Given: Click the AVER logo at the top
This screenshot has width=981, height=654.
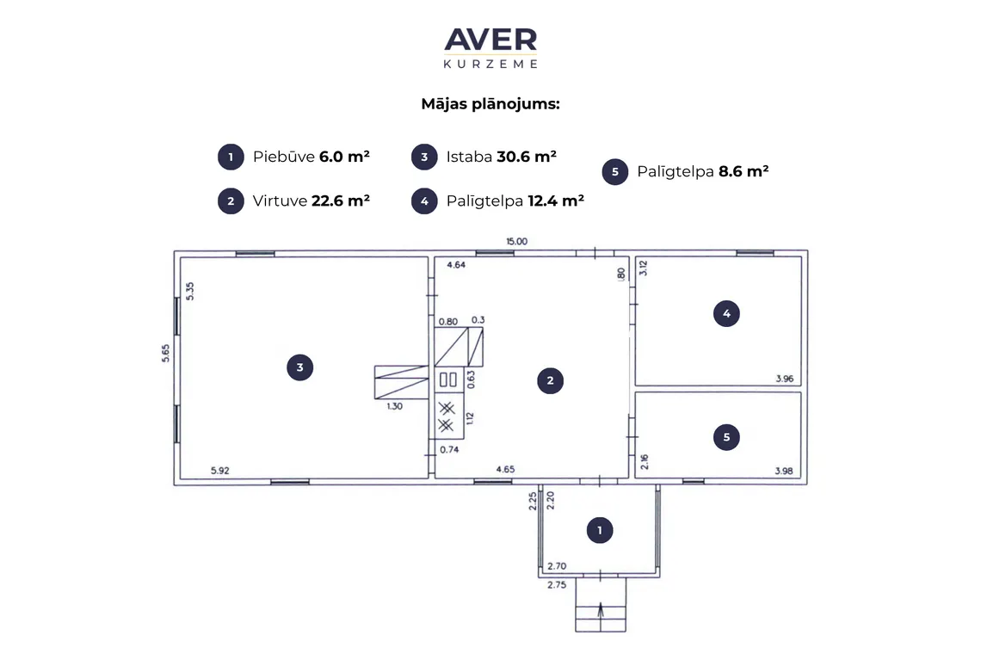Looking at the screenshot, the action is [x=490, y=47].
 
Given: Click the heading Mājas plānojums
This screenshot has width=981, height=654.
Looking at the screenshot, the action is [x=490, y=104].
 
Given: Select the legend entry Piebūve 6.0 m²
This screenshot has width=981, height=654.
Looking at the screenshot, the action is [x=293, y=157].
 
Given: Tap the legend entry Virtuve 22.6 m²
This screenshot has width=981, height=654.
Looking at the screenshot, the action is [x=293, y=201].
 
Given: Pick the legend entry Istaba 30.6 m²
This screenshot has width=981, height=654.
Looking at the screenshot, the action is [x=484, y=157].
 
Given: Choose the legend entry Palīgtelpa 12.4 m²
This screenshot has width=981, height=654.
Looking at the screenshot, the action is [x=497, y=201].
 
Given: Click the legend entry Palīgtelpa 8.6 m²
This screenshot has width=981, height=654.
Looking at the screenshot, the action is [x=685, y=171].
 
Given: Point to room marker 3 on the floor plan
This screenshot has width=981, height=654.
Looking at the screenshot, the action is [x=299, y=367].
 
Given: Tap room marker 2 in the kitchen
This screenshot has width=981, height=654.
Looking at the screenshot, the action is [x=550, y=380].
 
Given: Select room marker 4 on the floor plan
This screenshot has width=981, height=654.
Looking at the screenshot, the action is [x=726, y=313].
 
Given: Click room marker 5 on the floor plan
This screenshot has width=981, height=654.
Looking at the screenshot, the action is [x=726, y=437].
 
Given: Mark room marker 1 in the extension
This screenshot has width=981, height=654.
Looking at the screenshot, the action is [x=600, y=531].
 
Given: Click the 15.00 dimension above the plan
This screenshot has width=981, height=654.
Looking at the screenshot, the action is [x=517, y=241].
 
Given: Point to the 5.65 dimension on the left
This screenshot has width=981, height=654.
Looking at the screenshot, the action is [x=165, y=353].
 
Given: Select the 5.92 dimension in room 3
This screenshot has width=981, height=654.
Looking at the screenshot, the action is [x=220, y=471].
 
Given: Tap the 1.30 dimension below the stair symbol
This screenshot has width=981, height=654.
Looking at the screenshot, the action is [x=394, y=406].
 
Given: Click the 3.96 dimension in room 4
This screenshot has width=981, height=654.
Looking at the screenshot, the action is [x=785, y=379].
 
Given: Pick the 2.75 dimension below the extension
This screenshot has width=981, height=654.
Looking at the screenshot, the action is [x=557, y=584].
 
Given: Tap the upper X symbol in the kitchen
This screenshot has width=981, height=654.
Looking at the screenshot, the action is [x=446, y=409].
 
